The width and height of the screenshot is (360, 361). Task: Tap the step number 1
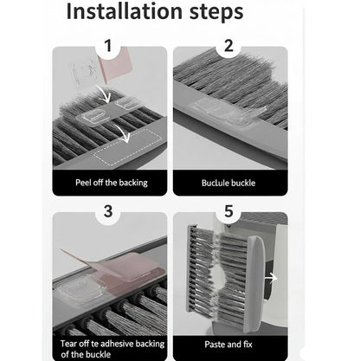[x=107, y=46]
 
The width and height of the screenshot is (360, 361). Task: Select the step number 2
[x=228, y=46]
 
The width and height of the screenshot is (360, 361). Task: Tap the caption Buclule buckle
[x=228, y=183]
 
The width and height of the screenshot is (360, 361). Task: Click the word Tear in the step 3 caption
[x=69, y=343]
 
